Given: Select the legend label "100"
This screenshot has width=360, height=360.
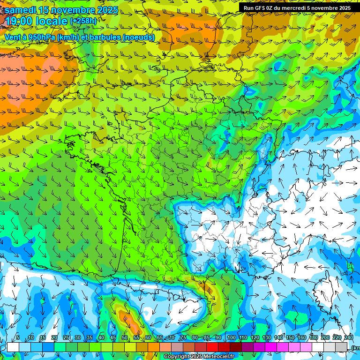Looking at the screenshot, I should click(232, 338).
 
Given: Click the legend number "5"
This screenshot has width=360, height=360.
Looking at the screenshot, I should click(18, 338).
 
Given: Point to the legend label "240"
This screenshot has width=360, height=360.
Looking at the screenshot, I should click(349, 338).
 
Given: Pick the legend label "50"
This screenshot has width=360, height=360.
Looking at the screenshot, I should click(125, 338).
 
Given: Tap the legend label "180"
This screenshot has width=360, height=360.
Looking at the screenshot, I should click(313, 338).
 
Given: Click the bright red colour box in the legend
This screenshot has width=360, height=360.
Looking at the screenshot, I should click(212, 347).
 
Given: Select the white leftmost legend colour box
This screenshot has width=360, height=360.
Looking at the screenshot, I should click(13, 347).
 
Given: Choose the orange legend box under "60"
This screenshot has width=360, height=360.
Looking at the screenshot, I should click(154, 347).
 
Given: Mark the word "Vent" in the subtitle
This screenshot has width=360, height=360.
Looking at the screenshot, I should click(13, 37).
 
